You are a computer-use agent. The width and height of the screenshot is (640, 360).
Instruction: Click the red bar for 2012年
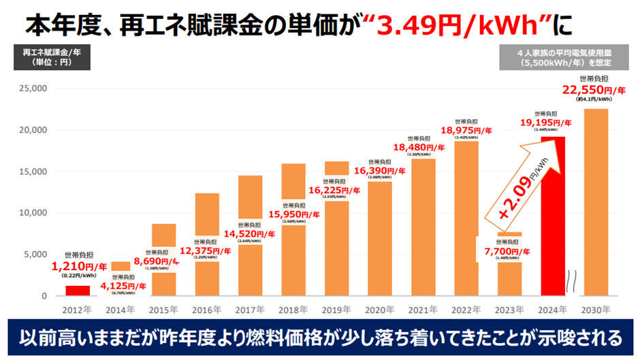tap(77, 291)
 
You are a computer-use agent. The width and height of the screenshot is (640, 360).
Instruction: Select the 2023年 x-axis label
tap(510, 310)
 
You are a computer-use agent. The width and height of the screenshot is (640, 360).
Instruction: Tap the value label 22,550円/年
tap(594, 89)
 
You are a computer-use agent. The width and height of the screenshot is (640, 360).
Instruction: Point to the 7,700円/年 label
tap(510, 251)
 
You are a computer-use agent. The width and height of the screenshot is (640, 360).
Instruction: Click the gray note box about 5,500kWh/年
tap(564, 56)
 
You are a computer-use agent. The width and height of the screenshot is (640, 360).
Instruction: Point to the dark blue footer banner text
tap(320, 337)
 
